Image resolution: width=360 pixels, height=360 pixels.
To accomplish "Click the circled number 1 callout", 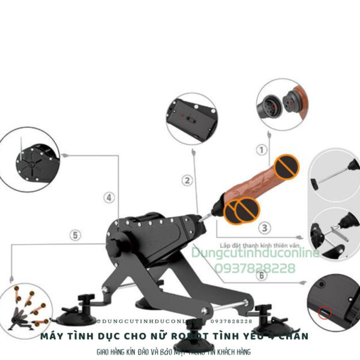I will click(261, 150).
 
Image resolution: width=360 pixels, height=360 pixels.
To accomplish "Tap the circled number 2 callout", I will click(187, 179).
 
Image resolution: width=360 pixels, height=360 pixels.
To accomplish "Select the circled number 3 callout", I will click(265, 227).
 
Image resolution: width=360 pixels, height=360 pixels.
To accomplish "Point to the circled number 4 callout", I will click(109, 197).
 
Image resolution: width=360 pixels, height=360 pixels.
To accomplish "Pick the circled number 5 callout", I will click(75, 235).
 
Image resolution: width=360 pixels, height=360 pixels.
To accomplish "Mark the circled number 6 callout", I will click(261, 276).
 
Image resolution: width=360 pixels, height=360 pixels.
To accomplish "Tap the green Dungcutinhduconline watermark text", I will click(256, 254).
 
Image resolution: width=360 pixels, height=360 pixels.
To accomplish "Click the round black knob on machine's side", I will click(114, 248).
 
